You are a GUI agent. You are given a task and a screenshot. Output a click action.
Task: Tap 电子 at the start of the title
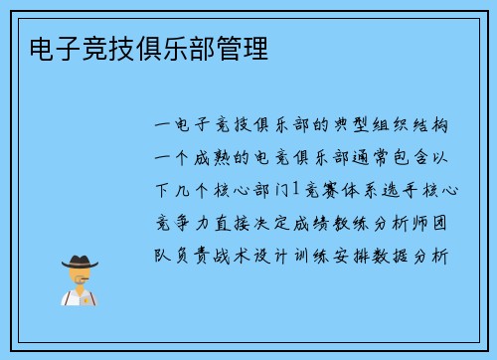tap(44, 48)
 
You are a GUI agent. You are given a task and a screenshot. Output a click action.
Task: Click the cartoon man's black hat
tap(80, 262)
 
